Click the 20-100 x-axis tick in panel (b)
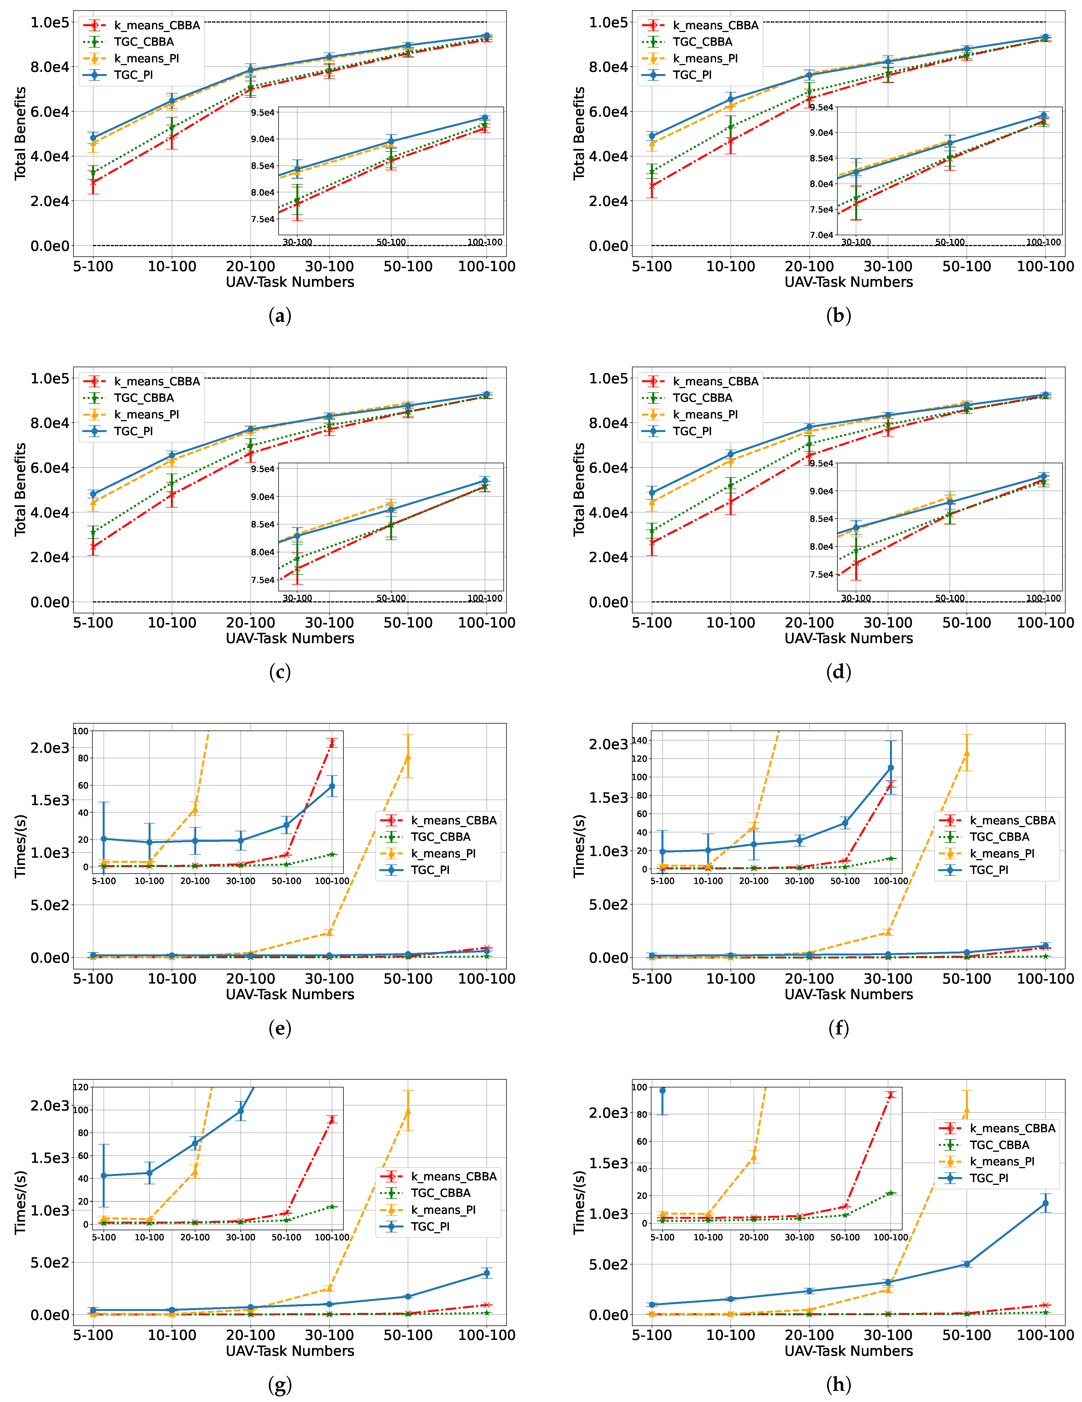tap(809, 266)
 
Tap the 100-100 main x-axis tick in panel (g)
tap(486, 1335)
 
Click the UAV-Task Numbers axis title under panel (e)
tap(290, 994)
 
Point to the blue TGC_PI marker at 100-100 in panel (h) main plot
tap(1046, 1203)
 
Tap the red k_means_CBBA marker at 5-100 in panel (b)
tap(652, 186)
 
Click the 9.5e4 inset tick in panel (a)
tap(263, 113)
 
